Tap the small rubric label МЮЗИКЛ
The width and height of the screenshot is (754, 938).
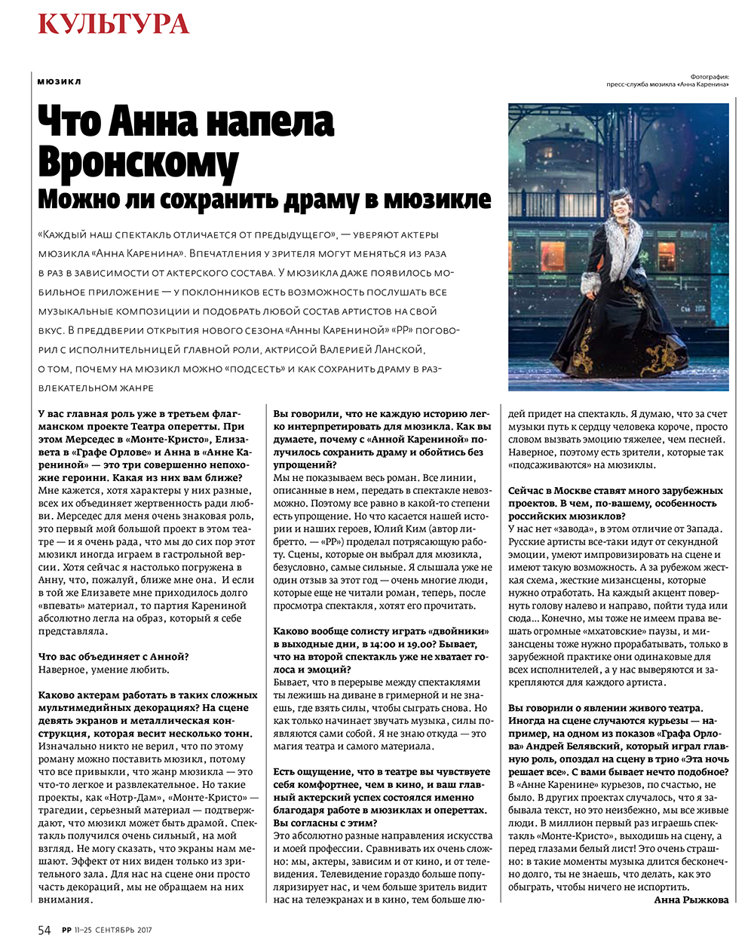pos(59,81)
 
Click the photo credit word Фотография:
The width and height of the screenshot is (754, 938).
pos(709,76)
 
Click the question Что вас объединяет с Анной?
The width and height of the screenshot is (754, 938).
pos(113,657)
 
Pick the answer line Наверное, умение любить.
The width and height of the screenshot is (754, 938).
pos(104,670)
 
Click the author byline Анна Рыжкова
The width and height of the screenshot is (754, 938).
pos(691,900)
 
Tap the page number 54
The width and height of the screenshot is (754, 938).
pos(44,929)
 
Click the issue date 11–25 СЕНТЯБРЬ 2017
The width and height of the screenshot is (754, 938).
pos(113,930)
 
